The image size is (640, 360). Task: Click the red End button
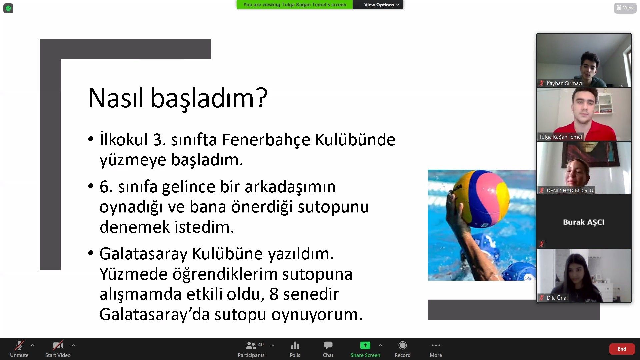(622, 349)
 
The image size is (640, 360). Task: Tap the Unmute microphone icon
(19, 345)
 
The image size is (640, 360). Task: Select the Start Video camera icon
(58, 345)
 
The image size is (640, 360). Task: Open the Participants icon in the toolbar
(251, 345)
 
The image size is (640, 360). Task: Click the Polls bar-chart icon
(295, 345)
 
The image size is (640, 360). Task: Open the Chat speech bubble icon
(328, 345)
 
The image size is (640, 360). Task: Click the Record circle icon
(402, 345)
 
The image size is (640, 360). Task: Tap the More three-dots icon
(436, 345)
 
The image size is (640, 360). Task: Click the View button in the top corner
(625, 8)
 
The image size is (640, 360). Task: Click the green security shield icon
(8, 8)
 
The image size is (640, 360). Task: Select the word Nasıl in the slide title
(116, 98)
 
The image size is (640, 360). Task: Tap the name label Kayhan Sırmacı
(564, 83)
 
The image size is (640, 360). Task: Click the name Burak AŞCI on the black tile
(584, 222)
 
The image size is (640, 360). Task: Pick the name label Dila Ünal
(557, 298)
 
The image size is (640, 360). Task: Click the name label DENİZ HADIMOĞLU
(570, 190)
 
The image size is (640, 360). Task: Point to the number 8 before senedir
(274, 294)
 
